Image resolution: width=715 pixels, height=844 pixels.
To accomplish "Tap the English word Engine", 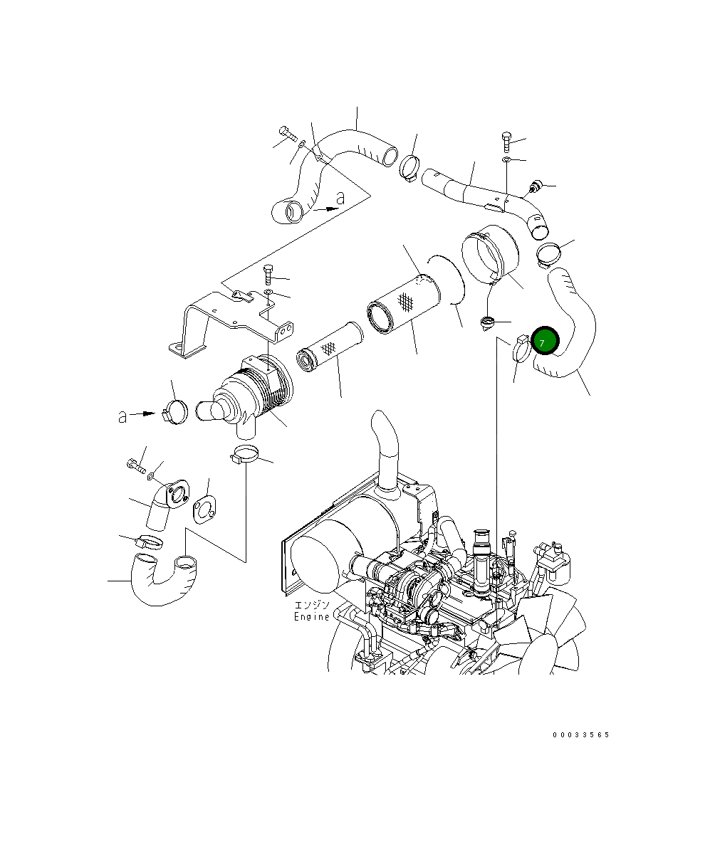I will (x=312, y=617).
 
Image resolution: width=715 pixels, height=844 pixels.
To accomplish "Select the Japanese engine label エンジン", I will (x=312, y=605).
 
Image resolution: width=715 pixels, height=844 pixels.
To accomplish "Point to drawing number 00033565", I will (x=580, y=735).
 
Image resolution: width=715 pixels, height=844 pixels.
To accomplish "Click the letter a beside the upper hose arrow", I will (x=340, y=198).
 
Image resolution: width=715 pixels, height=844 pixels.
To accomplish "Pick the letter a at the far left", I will (x=122, y=416).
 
